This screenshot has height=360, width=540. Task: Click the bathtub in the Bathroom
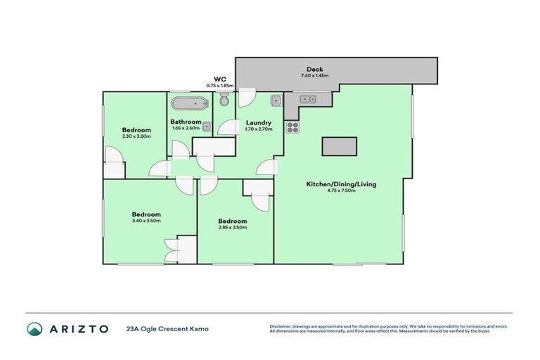click(190, 104)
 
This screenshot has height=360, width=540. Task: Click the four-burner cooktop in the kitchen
click(293, 128)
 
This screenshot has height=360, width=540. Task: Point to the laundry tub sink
click(277, 100)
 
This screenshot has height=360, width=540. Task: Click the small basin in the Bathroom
click(207, 127)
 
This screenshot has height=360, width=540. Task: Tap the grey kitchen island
click(341, 146)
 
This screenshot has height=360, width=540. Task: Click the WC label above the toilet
click(219, 79)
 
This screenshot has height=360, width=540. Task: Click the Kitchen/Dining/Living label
click(341, 184)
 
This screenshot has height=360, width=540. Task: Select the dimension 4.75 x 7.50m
click(341, 191)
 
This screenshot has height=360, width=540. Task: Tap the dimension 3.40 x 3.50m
click(146, 221)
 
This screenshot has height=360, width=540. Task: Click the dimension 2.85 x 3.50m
click(232, 227)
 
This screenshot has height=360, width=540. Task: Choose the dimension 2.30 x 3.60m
click(136, 136)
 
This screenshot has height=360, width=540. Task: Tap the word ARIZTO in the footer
click(79, 328)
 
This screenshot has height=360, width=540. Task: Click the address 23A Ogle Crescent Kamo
click(167, 328)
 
